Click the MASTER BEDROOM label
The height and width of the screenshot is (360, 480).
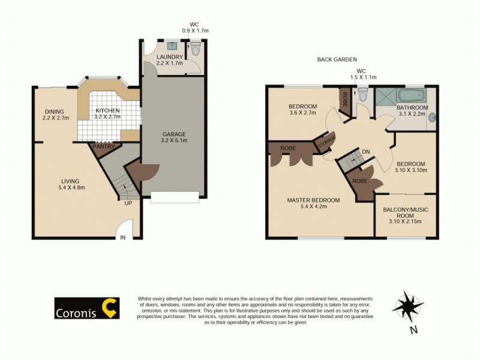tap(313, 200)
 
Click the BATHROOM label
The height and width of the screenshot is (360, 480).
tap(413, 107)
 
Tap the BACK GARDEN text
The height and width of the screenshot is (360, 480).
tap(337, 60)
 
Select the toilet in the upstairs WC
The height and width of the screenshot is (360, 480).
tap(362, 95)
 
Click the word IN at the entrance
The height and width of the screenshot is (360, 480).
tap(124, 238)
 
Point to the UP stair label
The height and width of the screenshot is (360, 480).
tap(128, 203)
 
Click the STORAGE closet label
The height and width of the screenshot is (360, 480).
tap(328, 144)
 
